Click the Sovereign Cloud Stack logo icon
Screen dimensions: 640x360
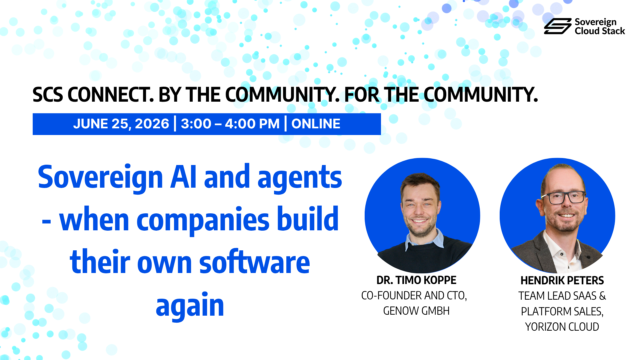click(558, 26)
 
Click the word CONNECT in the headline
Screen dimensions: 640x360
click(111, 95)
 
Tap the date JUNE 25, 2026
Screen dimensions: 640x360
click(121, 124)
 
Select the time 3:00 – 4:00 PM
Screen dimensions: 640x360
click(230, 124)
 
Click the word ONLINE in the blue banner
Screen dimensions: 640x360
click(316, 124)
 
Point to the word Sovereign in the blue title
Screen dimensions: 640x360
click(100, 178)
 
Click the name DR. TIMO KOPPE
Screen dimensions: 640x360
click(416, 280)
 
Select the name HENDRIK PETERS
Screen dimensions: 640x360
click(562, 281)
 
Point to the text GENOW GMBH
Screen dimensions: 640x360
click(416, 311)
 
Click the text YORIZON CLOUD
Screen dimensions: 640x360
click(562, 327)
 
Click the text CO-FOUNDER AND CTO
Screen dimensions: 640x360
click(414, 296)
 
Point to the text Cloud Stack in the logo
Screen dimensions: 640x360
click(600, 31)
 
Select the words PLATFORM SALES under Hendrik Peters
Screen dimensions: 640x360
click(562, 311)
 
